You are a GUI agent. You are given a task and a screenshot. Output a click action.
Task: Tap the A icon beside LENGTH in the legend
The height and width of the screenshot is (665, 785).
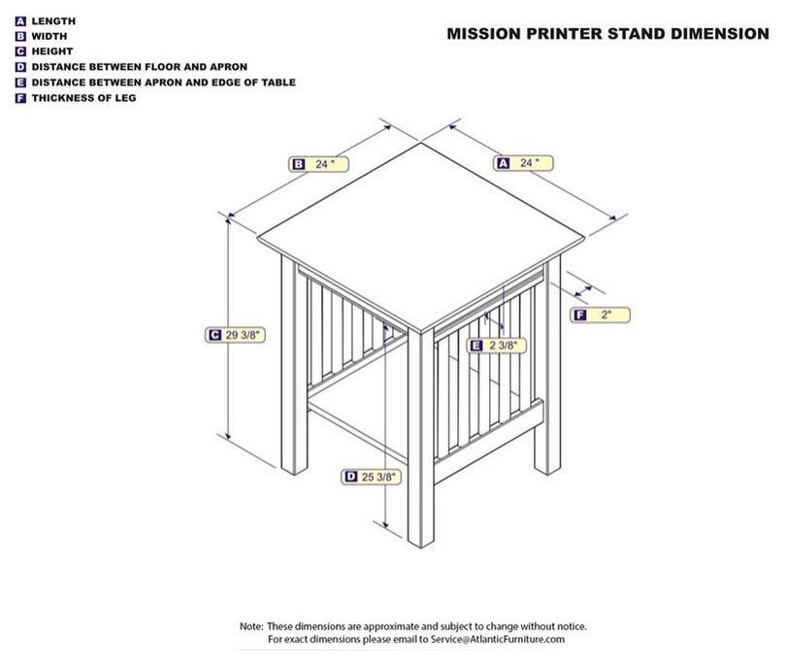(20, 21)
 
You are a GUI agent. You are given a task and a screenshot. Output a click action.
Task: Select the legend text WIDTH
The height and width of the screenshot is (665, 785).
(49, 37)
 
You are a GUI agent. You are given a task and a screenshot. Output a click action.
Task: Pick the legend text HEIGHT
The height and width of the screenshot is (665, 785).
(52, 51)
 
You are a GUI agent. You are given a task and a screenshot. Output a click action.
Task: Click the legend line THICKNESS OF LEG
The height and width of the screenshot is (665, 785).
(83, 98)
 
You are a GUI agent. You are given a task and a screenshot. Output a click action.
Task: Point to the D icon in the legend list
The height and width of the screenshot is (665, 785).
(20, 67)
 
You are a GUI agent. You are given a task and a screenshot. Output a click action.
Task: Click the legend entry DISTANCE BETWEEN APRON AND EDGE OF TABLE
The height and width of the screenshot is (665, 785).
(163, 83)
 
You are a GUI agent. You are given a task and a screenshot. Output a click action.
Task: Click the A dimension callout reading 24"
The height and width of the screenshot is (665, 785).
(523, 163)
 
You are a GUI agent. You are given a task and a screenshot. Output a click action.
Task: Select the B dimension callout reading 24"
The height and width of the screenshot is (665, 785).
(318, 164)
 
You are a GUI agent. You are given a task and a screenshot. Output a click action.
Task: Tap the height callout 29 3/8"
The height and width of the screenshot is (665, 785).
(235, 335)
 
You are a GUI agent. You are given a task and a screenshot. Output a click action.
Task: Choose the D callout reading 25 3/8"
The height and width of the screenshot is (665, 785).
(371, 477)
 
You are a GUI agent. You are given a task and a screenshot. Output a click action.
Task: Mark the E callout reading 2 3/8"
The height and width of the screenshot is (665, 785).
(496, 346)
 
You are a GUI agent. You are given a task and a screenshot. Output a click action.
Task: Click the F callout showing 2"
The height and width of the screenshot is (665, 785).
(600, 315)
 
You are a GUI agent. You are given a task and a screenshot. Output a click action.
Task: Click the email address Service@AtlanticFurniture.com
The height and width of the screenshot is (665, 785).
(498, 640)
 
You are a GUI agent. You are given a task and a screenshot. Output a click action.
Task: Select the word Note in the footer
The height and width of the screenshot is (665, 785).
(250, 626)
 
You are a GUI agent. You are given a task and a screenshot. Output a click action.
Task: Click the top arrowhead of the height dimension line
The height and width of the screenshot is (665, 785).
(228, 218)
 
